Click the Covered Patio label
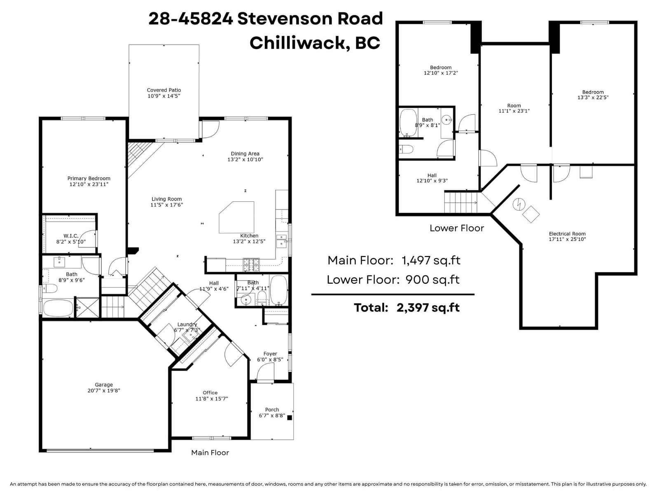[164, 90]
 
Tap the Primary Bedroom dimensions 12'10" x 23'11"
[89, 184]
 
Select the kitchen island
[236, 217]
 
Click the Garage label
[104, 384]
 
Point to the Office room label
[210, 393]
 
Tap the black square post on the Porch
[290, 417]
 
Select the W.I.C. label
[71, 236]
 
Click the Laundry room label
[187, 324]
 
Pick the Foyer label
[270, 354]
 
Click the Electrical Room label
[567, 234]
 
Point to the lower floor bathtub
[408, 122]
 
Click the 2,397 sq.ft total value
[428, 308]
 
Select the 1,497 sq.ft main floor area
[431, 260]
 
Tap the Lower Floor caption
[457, 228]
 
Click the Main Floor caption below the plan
[210, 452]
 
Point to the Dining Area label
[245, 154]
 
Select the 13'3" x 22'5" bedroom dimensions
[593, 98]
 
